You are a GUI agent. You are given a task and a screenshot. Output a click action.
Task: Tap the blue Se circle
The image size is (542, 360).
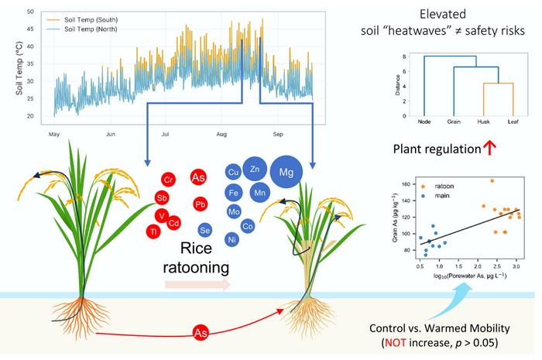(205, 230)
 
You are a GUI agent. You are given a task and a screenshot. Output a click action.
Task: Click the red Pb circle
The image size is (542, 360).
(201, 204)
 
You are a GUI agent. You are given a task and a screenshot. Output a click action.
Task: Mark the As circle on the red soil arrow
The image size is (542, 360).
(201, 334)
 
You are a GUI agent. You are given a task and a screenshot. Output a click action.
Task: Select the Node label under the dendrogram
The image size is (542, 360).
(424, 122)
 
